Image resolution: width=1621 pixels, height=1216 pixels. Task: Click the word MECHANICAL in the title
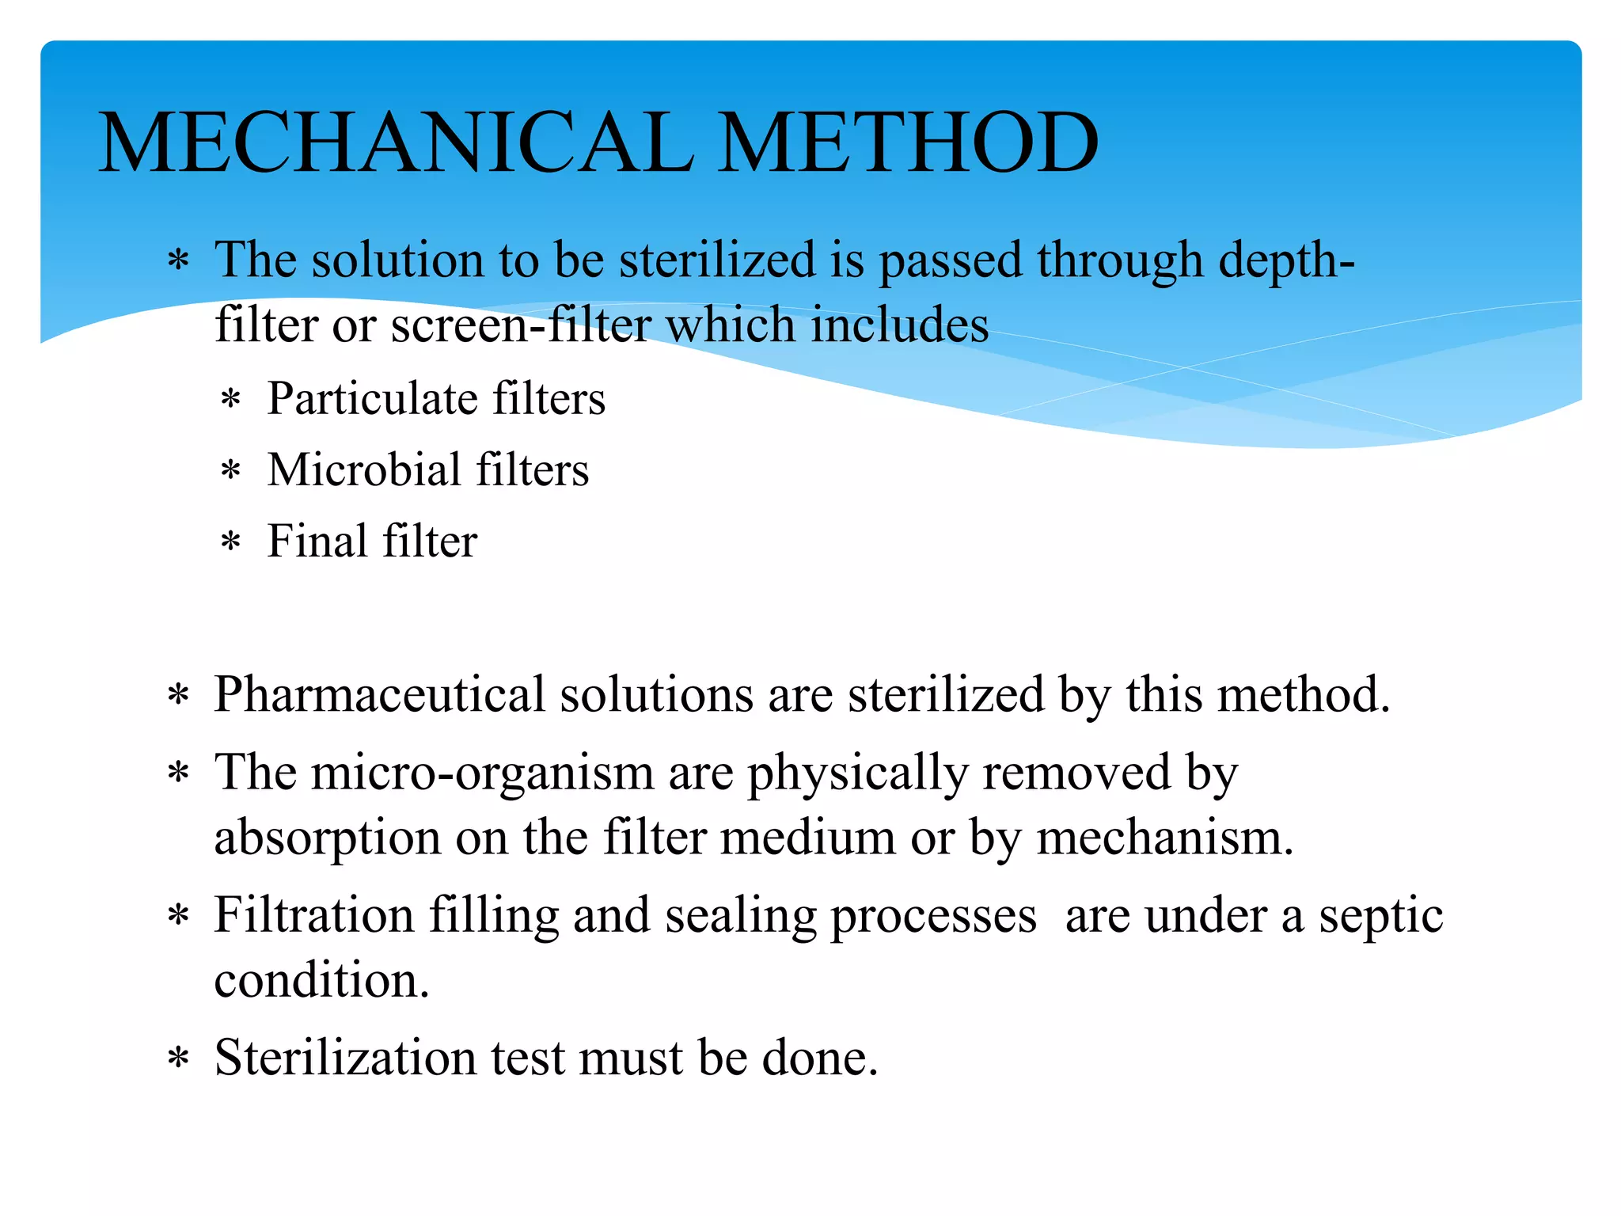pyautogui.click(x=396, y=142)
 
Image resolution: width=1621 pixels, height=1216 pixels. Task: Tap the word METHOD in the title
pyautogui.click(x=908, y=142)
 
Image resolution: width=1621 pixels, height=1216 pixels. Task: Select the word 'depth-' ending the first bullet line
pyautogui.click(x=1286, y=261)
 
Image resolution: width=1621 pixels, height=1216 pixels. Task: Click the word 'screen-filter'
pyautogui.click(x=521, y=325)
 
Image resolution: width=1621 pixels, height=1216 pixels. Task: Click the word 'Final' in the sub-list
pyautogui.click(x=317, y=541)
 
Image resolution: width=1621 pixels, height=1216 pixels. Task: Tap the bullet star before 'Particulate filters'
pyautogui.click(x=230, y=400)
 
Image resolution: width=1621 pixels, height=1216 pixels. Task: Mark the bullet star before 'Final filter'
pyautogui.click(x=230, y=544)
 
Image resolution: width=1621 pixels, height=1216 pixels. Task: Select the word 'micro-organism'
pyautogui.click(x=482, y=773)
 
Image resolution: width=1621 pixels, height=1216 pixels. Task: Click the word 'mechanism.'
pyautogui.click(x=1165, y=838)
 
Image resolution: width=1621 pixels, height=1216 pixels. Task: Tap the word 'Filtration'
pyautogui.click(x=314, y=915)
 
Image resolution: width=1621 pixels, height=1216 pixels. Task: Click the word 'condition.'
pyautogui.click(x=321, y=980)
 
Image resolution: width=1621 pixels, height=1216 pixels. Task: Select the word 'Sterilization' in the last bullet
pyautogui.click(x=345, y=1058)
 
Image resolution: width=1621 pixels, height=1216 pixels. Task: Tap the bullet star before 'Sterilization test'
pyautogui.click(x=179, y=1059)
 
